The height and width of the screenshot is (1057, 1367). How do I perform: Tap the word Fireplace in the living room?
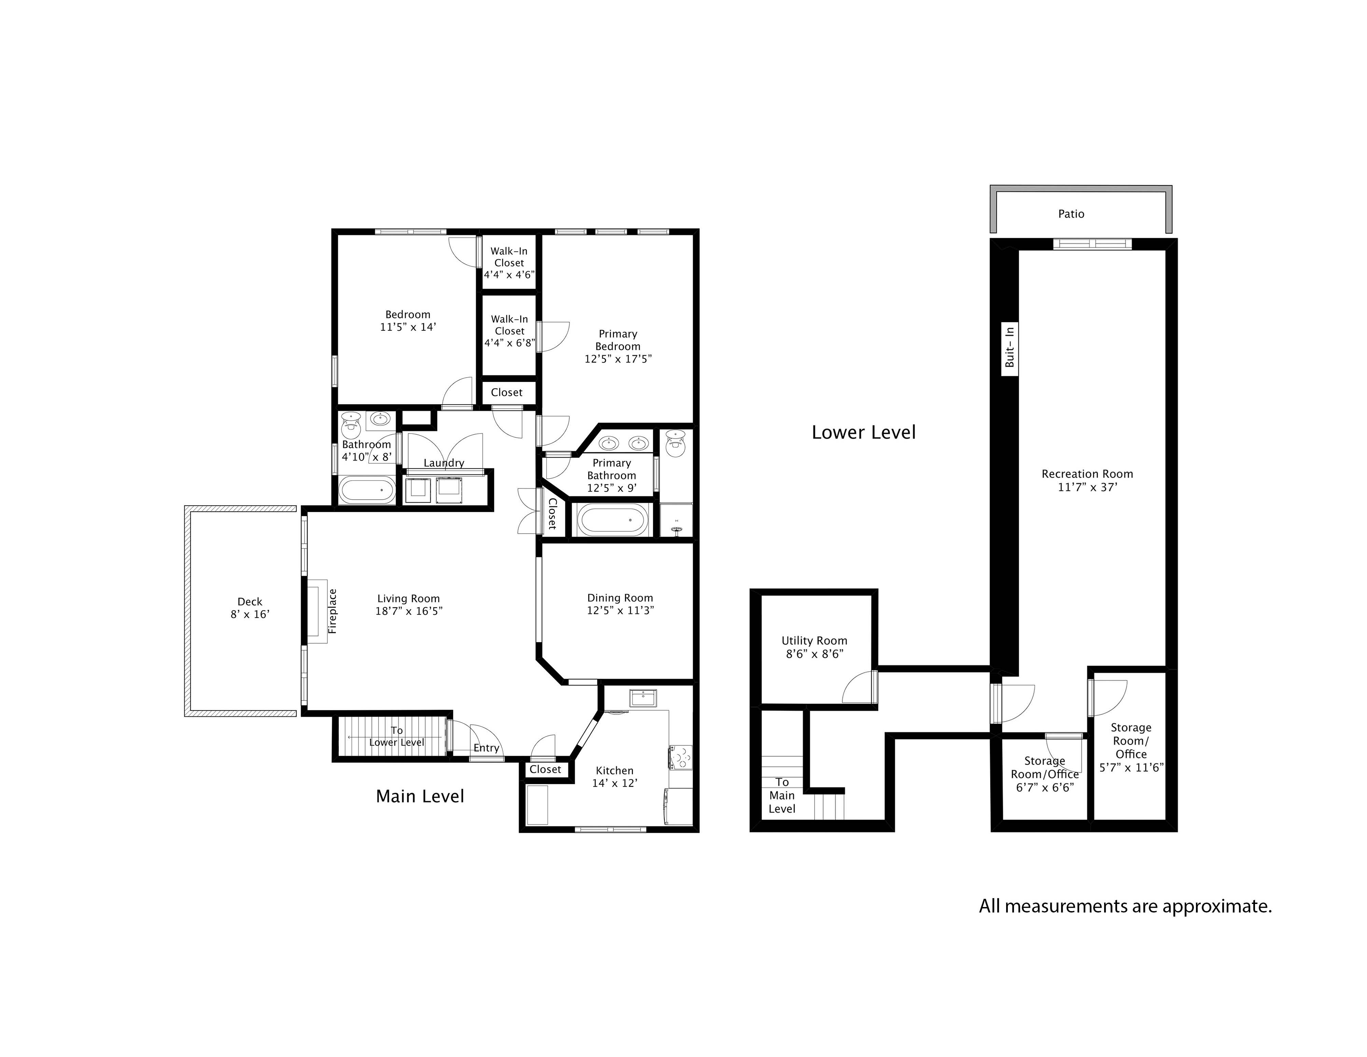click(333, 611)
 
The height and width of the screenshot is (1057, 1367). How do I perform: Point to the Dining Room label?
click(620, 598)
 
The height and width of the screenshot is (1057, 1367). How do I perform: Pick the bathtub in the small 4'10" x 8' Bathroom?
click(367, 490)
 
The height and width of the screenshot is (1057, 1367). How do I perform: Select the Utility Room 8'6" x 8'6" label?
click(814, 647)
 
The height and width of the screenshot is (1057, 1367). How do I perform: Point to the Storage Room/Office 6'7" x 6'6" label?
click(1045, 774)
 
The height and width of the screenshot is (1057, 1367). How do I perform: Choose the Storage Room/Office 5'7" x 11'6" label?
click(1131, 747)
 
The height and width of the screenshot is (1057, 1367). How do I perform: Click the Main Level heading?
click(420, 796)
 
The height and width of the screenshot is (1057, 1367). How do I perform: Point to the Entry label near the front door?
click(486, 748)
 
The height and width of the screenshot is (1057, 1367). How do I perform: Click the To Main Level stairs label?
click(782, 795)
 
